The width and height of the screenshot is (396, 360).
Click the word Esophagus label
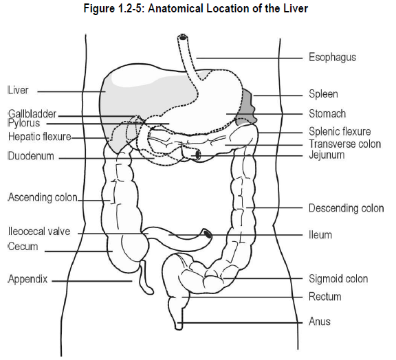coord(332,57)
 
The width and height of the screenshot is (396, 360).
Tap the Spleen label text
coord(323,94)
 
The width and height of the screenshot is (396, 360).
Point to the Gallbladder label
coord(32,114)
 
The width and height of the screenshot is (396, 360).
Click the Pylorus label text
coord(24,123)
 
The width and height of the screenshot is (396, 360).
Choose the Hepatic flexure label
coord(40,137)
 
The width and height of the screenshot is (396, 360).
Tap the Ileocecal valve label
coord(39,232)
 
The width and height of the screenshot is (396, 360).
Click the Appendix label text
coord(27,279)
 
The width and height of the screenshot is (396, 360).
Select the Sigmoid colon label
coord(338,279)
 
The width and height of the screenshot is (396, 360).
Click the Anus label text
coord(320,322)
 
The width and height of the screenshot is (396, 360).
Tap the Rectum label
coord(325,297)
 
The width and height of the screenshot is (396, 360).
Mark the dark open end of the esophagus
coord(182,38)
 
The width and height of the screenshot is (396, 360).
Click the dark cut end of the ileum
coord(208,234)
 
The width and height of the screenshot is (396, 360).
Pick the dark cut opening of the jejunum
coord(197,155)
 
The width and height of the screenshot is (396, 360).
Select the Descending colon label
coord(346,208)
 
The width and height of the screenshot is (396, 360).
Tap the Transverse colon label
coord(345,144)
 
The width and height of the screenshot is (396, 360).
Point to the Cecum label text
coord(23,247)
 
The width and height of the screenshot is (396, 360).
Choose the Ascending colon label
coord(43,197)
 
